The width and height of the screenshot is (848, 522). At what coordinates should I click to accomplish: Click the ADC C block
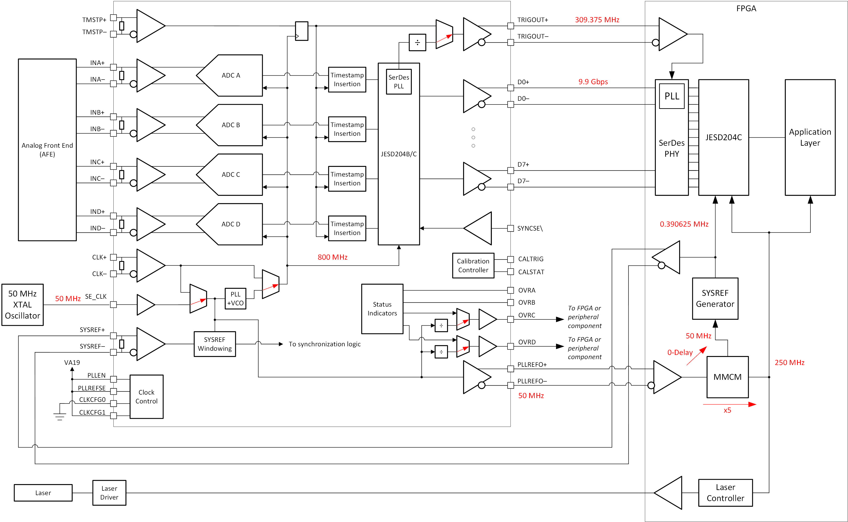(231, 175)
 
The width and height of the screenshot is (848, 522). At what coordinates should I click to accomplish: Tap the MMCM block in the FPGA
(727, 377)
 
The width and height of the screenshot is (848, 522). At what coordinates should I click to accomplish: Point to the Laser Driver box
(109, 493)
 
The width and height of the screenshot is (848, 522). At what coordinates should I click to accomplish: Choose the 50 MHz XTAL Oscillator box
(23, 304)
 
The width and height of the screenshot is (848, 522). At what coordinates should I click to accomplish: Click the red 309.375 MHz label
(597, 20)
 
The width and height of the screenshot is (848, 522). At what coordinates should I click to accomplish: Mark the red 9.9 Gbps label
(593, 82)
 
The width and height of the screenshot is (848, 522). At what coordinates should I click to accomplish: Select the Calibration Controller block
(473, 265)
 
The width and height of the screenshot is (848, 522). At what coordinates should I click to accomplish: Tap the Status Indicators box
(382, 309)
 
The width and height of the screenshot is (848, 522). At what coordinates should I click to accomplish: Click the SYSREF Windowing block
(214, 344)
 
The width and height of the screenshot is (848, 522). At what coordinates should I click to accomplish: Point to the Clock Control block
(147, 397)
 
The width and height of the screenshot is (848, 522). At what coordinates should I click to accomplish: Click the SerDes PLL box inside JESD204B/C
(399, 82)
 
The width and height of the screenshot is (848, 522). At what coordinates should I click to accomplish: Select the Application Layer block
(810, 137)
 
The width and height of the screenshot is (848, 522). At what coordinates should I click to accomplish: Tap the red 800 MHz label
(333, 257)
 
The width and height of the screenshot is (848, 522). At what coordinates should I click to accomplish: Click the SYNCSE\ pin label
(530, 228)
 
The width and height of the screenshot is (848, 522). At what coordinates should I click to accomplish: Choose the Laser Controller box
(725, 493)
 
